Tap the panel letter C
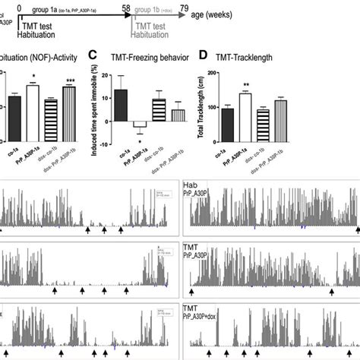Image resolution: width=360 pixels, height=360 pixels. tap(93, 55)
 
